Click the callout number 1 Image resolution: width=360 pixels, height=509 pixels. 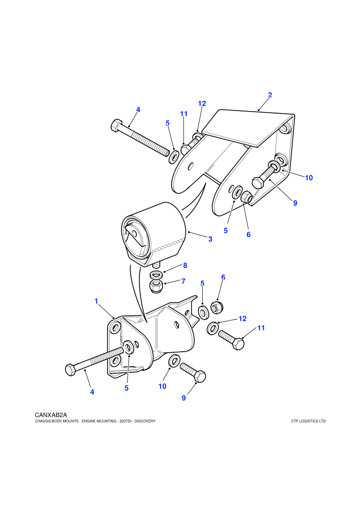[96, 301]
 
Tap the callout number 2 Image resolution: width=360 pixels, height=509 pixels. [270, 95]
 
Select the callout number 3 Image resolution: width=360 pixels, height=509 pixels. [210, 239]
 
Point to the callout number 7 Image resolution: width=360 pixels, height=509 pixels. [184, 281]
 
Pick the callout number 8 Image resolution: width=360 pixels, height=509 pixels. [185, 265]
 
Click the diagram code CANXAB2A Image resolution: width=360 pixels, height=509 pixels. [50, 415]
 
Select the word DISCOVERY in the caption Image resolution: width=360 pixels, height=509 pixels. [145, 421]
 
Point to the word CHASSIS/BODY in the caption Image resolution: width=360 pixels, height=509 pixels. [48, 421]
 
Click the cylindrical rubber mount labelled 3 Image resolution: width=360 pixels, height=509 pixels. [154, 234]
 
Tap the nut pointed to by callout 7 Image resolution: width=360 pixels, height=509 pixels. [156, 286]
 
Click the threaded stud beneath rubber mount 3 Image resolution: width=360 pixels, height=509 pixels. [157, 265]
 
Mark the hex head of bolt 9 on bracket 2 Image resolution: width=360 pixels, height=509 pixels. [258, 182]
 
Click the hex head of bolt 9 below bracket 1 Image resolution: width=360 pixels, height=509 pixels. [200, 376]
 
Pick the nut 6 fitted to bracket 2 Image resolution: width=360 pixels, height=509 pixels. [247, 197]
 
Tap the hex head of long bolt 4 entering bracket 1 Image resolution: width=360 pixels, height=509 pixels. [71, 370]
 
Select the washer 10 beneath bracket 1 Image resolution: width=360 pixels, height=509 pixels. [175, 360]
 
